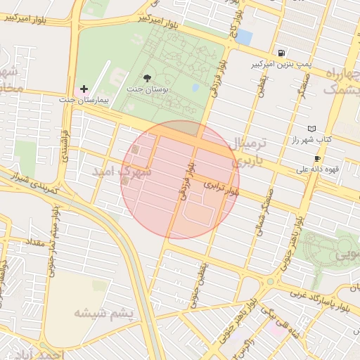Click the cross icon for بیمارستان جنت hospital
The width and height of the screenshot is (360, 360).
point(84,89)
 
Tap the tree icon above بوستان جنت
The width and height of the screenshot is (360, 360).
point(146,78)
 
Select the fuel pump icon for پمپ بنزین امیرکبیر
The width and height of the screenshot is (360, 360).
point(281,53)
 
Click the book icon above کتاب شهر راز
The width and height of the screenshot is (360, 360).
point(311,129)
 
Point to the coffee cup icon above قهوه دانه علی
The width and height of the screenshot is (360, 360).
point(317,159)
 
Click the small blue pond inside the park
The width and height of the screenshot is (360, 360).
point(195,88)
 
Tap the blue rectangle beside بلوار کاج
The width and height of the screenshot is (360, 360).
point(244,37)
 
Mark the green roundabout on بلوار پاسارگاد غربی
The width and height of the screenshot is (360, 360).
point(269,282)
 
